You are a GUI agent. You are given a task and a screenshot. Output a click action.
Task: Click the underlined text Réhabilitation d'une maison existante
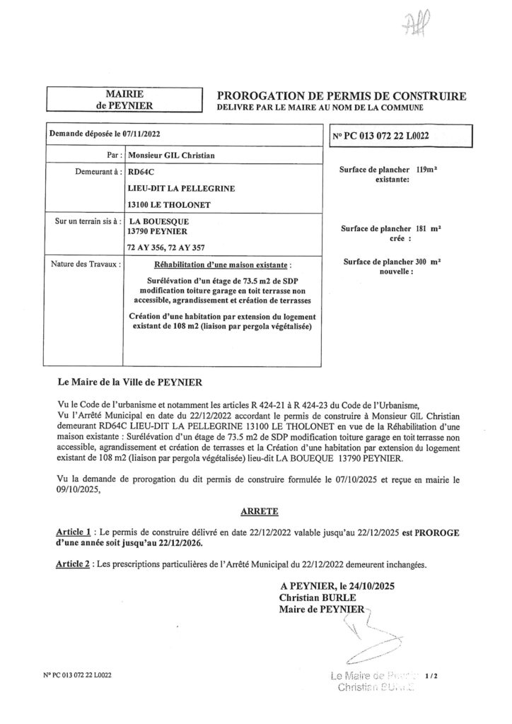coord(222,264)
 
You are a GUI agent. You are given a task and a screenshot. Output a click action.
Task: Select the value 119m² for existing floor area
coord(427,170)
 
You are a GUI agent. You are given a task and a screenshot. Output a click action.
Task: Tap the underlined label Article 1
coord(74,530)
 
